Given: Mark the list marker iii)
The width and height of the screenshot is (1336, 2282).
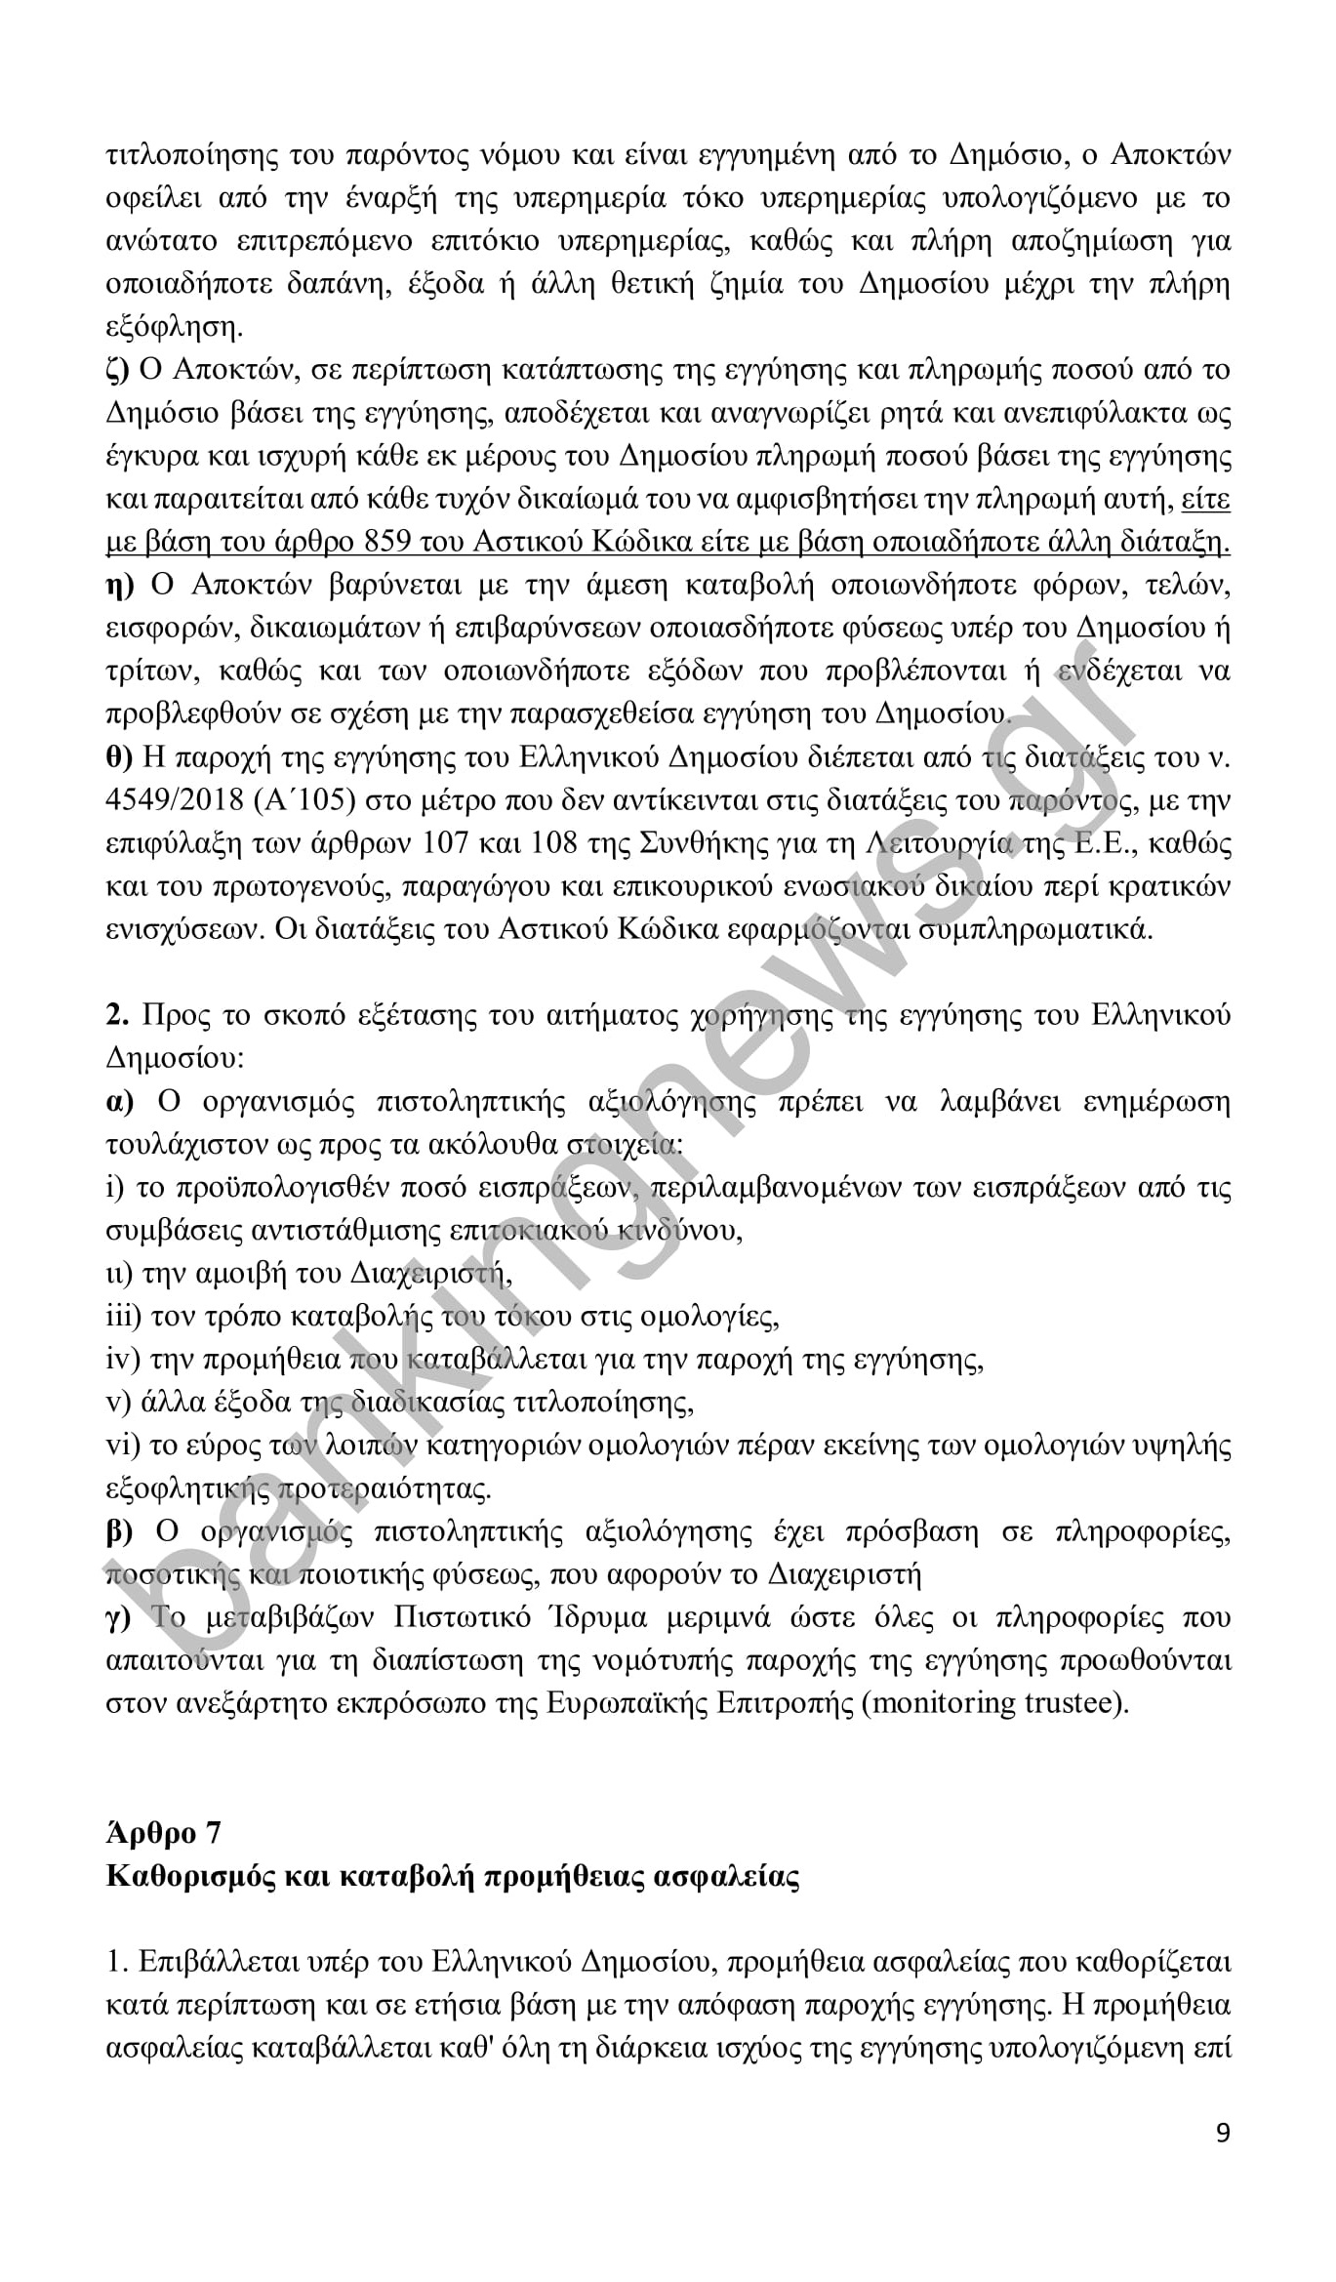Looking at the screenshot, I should [x=123, y=1317].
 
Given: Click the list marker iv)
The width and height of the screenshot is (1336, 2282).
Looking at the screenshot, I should [x=123, y=1360].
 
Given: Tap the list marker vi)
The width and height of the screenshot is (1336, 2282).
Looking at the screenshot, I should [x=123, y=1446].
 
